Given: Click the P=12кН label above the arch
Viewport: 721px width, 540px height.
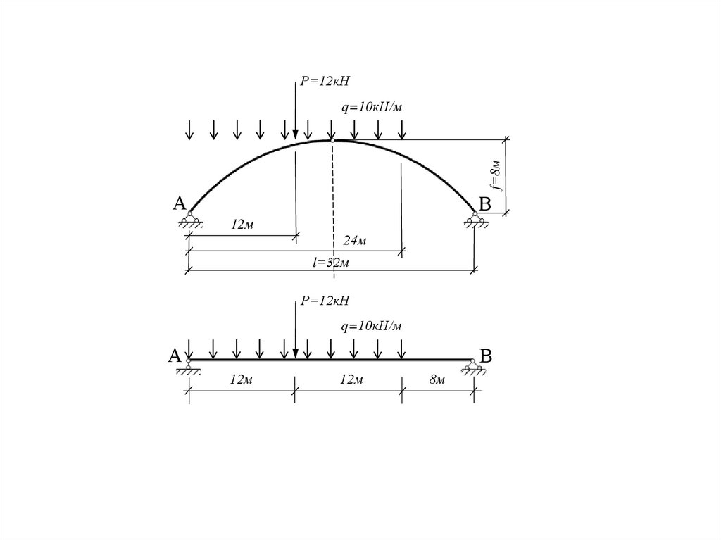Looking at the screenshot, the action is (x=325, y=82).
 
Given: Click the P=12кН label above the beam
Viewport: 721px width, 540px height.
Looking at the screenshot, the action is (x=325, y=301).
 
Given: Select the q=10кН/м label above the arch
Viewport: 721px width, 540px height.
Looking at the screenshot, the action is (x=372, y=108).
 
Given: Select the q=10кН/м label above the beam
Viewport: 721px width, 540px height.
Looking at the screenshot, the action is (x=372, y=327).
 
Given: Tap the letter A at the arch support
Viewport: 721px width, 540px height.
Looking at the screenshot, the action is (x=180, y=203).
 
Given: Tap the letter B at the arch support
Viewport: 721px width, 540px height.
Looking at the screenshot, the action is (x=484, y=204).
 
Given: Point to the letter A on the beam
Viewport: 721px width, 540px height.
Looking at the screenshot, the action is (x=175, y=356).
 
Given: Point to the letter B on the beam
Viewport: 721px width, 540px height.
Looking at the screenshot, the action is (x=486, y=356).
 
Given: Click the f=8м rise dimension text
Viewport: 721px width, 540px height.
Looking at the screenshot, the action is (x=495, y=175).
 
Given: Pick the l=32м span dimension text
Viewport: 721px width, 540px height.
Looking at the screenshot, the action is (x=331, y=262).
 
